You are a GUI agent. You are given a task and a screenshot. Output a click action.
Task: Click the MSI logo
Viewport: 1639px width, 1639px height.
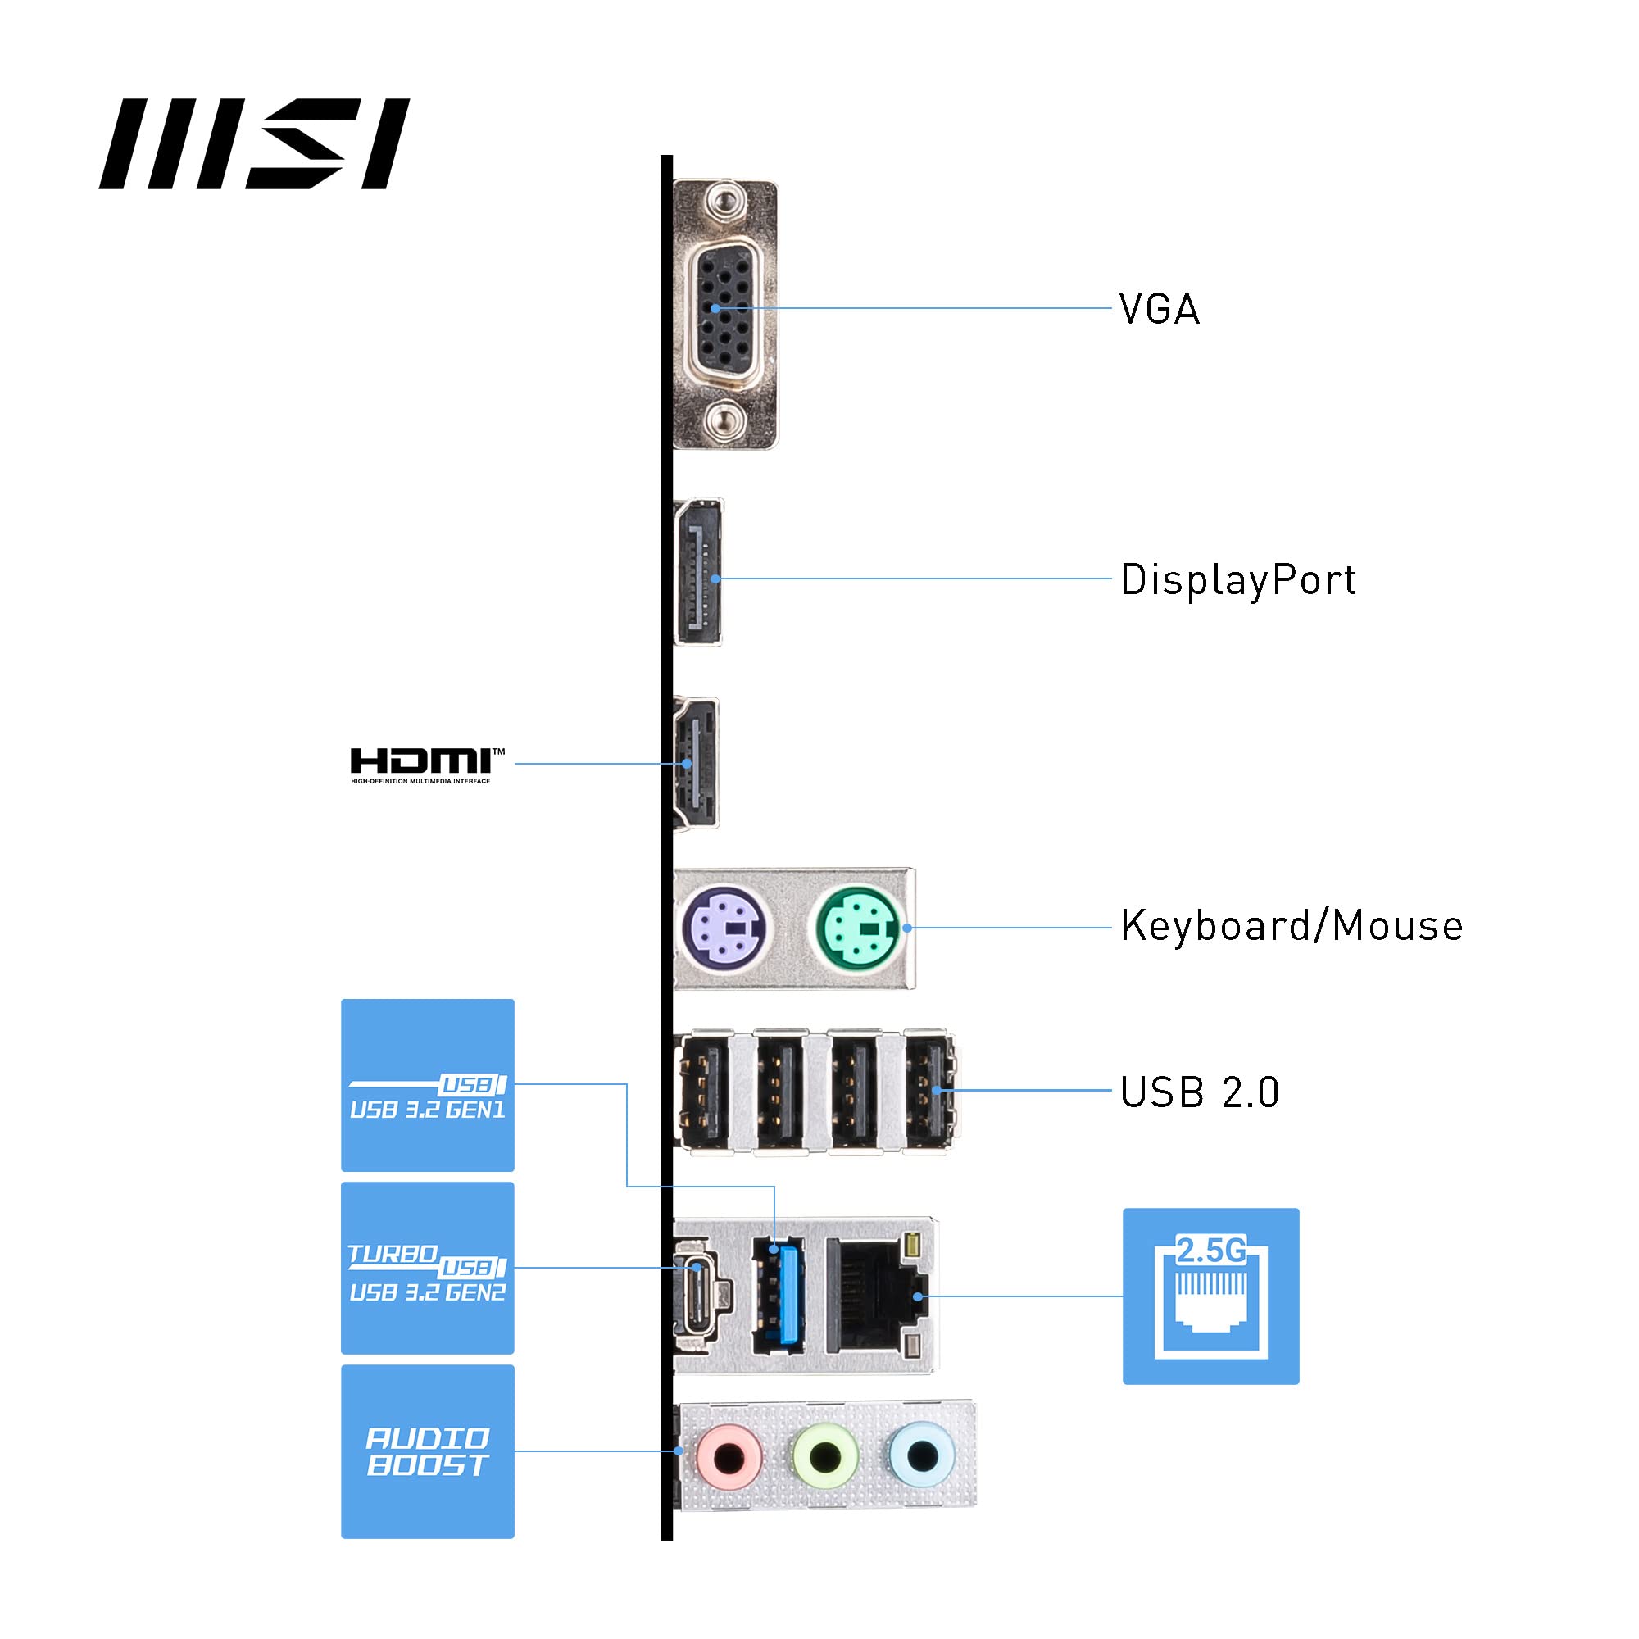(x=255, y=143)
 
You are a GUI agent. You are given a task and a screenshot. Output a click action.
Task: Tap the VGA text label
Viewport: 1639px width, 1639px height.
(x=1158, y=309)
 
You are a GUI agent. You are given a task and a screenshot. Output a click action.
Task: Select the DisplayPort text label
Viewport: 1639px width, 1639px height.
(x=1237, y=580)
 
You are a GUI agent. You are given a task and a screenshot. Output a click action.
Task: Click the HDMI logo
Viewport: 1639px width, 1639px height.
(x=427, y=765)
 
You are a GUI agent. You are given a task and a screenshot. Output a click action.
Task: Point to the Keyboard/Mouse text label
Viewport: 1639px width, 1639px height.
(x=1292, y=925)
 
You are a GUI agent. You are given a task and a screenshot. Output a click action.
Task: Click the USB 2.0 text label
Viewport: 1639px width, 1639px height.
(x=1199, y=1092)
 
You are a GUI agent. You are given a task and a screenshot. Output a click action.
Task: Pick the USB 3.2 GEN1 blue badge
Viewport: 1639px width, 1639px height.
(x=428, y=1085)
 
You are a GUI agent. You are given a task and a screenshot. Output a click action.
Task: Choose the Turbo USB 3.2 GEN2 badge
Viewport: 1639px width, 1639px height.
(x=428, y=1268)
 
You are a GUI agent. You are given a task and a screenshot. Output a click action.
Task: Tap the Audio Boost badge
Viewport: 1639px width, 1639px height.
(x=428, y=1451)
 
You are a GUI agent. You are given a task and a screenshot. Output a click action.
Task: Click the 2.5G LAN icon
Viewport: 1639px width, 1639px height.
(x=1210, y=1296)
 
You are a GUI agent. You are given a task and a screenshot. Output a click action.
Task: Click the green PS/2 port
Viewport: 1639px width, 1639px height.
(x=859, y=926)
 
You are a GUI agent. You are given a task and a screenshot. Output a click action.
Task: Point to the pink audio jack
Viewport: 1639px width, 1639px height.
(x=729, y=1456)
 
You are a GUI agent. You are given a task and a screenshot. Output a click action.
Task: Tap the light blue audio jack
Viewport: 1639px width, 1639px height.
(x=921, y=1456)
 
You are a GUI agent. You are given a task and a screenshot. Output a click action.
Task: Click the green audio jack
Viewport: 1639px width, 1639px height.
(x=824, y=1456)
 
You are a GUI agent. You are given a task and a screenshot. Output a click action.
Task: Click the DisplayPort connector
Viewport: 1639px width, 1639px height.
(x=699, y=572)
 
